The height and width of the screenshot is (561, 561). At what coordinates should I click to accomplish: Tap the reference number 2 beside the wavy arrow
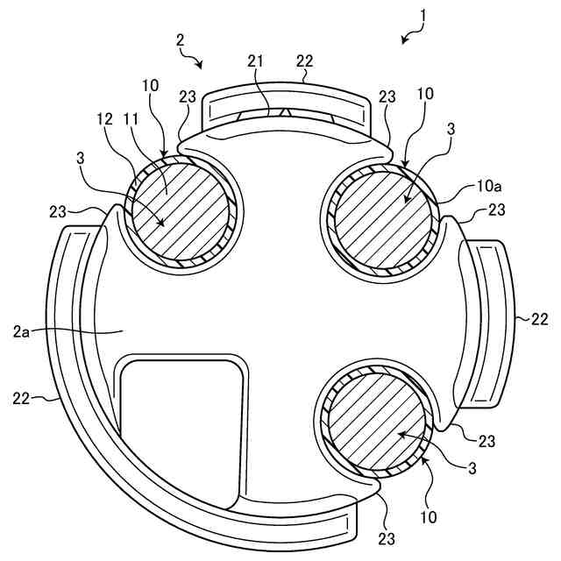coord(180,39)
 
